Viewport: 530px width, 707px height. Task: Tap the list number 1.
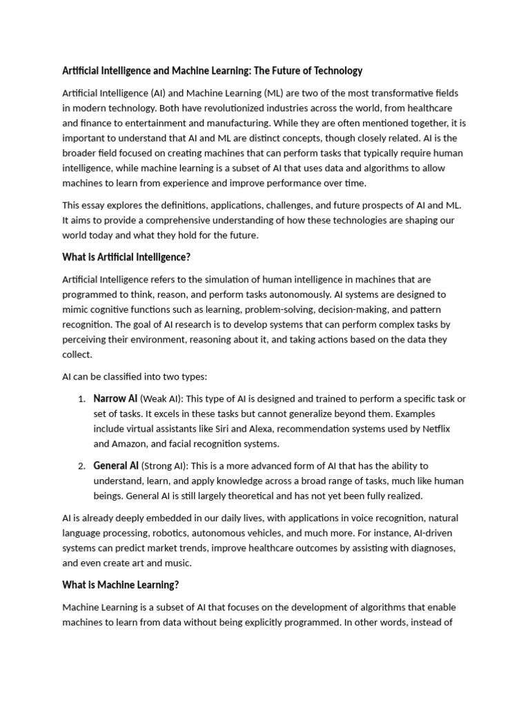(81, 399)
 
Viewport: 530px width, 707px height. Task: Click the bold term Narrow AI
(115, 398)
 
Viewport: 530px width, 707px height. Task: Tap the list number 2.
(81, 466)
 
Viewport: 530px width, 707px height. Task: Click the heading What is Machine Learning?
(121, 585)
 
